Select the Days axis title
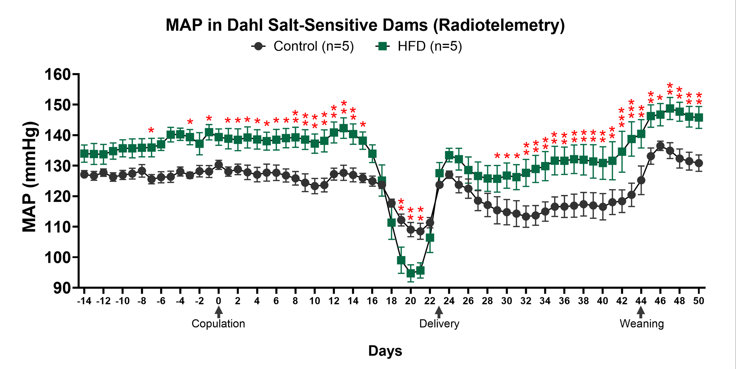pyautogui.click(x=385, y=350)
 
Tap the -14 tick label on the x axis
pyautogui.click(x=84, y=301)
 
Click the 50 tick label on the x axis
pyautogui.click(x=698, y=301)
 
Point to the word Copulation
pyautogui.click(x=218, y=324)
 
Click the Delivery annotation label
pyautogui.click(x=439, y=324)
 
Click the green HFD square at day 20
pyautogui.click(x=411, y=274)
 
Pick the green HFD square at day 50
pyautogui.click(x=698, y=117)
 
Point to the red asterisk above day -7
pyautogui.click(x=151, y=130)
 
